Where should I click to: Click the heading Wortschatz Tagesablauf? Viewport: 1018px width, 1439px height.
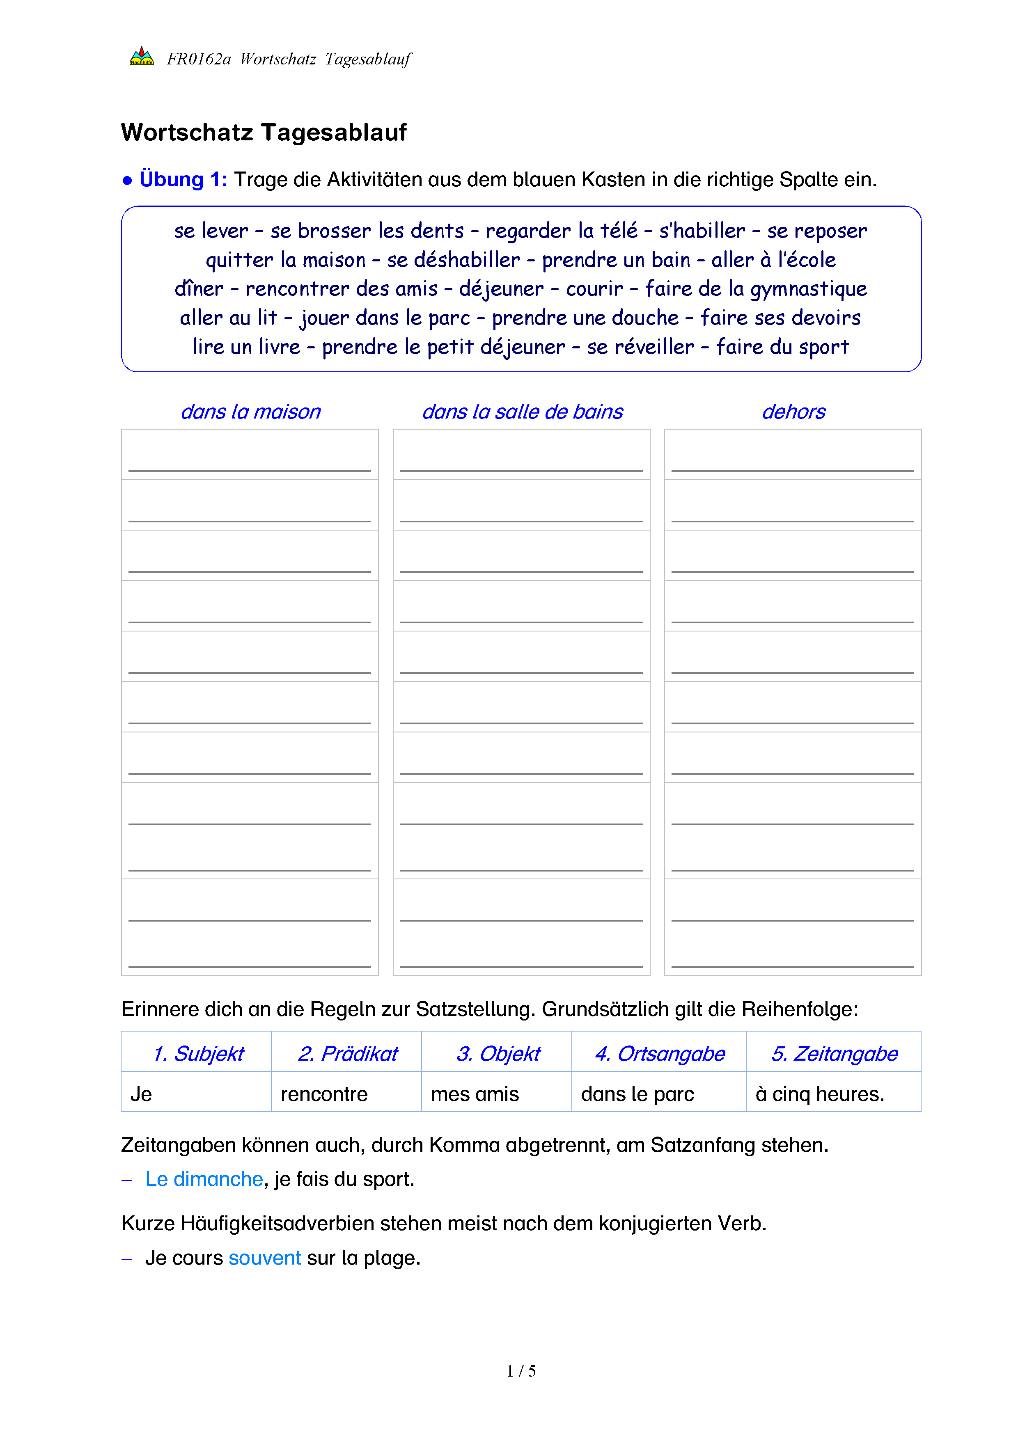pyautogui.click(x=264, y=132)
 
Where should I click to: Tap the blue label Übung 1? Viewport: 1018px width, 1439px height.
pyautogui.click(x=183, y=179)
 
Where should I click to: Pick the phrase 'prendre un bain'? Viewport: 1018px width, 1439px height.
pyautogui.click(x=616, y=260)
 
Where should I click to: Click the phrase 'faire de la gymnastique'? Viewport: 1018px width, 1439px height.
pyautogui.click(x=756, y=289)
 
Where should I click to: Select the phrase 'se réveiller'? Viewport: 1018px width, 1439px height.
pyautogui.click(x=640, y=347)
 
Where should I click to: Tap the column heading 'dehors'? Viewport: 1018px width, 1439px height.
pyautogui.click(x=793, y=412)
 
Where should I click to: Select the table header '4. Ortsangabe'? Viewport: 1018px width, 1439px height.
pyautogui.click(x=660, y=1054)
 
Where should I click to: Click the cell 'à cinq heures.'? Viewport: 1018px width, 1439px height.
pyautogui.click(x=819, y=1094)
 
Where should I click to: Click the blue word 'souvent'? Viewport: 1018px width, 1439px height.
pyautogui.click(x=264, y=1258)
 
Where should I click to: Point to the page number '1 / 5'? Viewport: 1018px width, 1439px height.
pyautogui.click(x=521, y=1371)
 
